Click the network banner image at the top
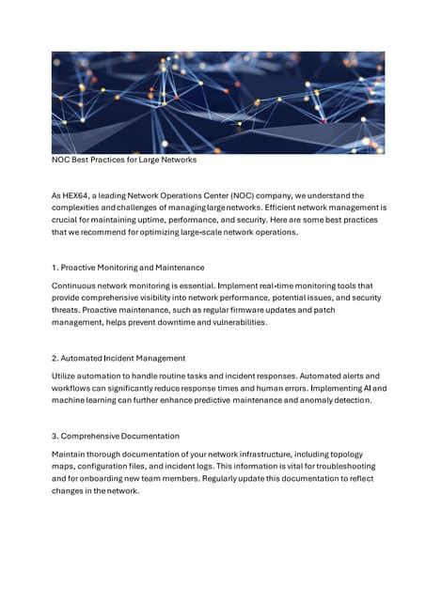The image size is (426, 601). [217, 101]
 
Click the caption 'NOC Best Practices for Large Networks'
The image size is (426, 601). [123, 161]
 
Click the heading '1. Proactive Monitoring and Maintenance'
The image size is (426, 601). [128, 268]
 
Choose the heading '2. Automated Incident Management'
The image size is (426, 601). [118, 358]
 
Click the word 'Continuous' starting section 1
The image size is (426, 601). [75, 285]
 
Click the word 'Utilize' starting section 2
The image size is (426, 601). [66, 376]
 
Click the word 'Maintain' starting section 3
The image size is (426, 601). [70, 455]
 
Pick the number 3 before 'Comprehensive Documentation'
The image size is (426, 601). [55, 437]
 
